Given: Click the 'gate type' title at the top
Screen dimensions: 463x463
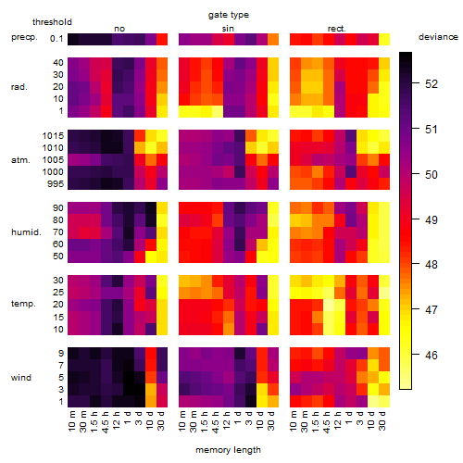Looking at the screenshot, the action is coord(229,15).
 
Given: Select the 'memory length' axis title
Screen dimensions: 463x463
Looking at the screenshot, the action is coord(228,450).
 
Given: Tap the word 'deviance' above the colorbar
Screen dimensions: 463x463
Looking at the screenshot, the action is coord(438,37).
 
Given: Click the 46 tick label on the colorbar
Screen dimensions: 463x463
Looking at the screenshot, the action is coord(432,355).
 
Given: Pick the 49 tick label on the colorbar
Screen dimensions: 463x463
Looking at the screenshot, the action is coord(432,219).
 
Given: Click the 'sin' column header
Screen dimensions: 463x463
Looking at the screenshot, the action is coord(228,29).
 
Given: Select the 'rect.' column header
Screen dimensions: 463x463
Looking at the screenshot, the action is coord(337,29).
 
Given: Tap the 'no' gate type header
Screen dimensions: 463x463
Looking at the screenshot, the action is coord(119,29).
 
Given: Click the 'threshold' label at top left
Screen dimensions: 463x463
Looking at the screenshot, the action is coord(52,22).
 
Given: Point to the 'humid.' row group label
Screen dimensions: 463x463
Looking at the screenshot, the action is coord(26,232).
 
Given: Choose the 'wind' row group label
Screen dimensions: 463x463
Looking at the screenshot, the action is coord(21,378).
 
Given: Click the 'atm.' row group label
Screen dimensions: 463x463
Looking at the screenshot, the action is coord(20,160).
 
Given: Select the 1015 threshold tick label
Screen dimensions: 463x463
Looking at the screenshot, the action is coord(53,136).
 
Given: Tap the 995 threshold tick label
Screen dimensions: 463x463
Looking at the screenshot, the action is coord(56,184).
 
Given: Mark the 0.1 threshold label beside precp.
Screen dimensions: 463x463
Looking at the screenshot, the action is coord(56,39).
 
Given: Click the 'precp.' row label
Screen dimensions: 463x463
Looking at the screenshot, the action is coord(24,37).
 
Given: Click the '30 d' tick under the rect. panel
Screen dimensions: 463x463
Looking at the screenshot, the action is coord(382,420).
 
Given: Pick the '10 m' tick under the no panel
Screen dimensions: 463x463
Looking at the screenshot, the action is coord(71,421).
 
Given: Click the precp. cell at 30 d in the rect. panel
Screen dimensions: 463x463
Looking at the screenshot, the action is coord(384,39).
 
